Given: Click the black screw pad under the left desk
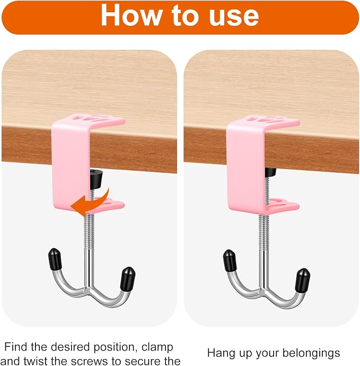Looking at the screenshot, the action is click(96, 177).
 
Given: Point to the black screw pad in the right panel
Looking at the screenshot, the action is click(270, 172).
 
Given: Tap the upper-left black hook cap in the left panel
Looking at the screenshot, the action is click(55, 258).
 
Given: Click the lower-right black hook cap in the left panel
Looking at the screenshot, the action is click(128, 278).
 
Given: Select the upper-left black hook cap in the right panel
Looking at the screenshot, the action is click(230, 260).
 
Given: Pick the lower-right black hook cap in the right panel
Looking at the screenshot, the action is click(302, 280).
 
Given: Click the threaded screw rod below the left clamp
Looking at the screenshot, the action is click(89, 231).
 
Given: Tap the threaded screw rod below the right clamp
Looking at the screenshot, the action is click(264, 232).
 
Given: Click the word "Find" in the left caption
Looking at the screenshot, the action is click(15, 346).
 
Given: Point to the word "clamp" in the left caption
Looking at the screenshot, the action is click(157, 347).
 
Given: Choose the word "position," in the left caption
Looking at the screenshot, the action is click(115, 347).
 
